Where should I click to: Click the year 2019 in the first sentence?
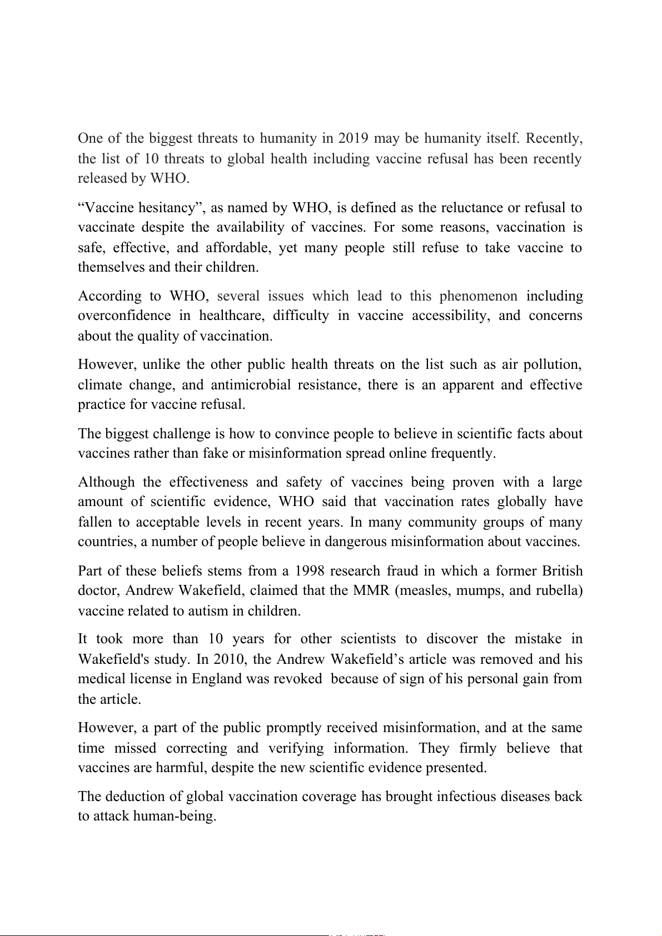tap(354, 138)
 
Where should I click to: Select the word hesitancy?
tap(170, 208)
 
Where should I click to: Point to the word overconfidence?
tap(124, 316)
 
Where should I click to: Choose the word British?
tap(561, 571)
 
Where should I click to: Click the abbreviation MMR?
tap(371, 590)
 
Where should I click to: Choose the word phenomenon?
tap(478, 296)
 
